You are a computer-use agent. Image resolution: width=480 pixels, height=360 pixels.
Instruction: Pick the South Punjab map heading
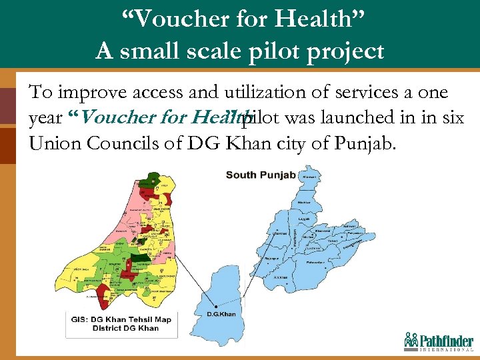tap(260, 175)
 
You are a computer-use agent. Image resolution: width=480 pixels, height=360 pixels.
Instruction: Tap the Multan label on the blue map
tap(307, 236)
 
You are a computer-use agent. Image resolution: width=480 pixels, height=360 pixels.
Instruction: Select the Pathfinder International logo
tap(438, 341)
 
